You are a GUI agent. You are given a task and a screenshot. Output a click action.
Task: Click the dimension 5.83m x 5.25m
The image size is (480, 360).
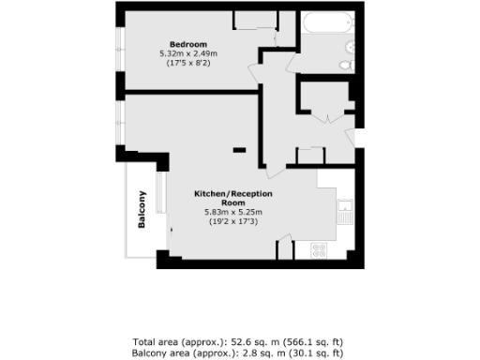click(x=234, y=212)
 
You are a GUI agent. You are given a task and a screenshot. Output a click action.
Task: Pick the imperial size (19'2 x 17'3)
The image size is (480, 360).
click(x=234, y=221)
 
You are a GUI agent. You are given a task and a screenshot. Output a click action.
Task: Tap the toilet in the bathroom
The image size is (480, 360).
click(x=346, y=64)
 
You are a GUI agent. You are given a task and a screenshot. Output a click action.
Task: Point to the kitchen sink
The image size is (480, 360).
click(x=345, y=212)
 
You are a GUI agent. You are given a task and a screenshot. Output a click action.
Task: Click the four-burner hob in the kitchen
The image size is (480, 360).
click(x=319, y=250)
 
